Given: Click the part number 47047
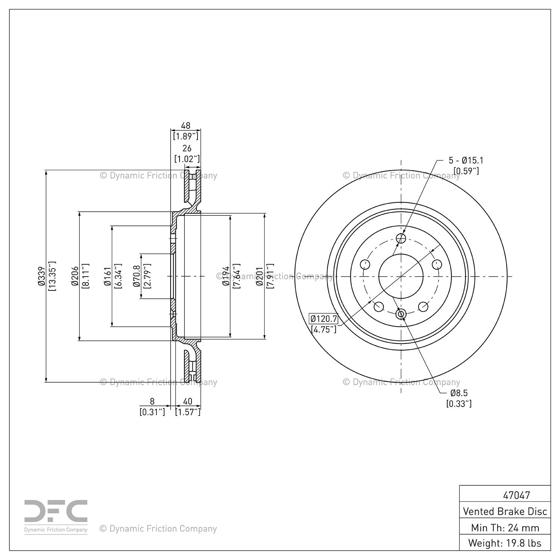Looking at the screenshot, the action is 516,495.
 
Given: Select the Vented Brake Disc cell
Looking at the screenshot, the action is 505,511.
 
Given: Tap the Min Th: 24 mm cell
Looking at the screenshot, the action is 505,528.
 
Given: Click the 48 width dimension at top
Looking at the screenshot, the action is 186,125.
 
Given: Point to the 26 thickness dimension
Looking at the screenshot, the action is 187,148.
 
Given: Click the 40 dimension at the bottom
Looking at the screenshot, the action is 188,401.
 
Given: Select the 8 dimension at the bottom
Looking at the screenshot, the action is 152,401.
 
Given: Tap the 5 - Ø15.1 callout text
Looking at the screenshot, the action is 466,161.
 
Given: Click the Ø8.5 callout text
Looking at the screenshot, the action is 459,393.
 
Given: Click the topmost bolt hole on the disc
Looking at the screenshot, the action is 401,238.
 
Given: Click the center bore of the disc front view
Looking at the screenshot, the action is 401,276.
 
